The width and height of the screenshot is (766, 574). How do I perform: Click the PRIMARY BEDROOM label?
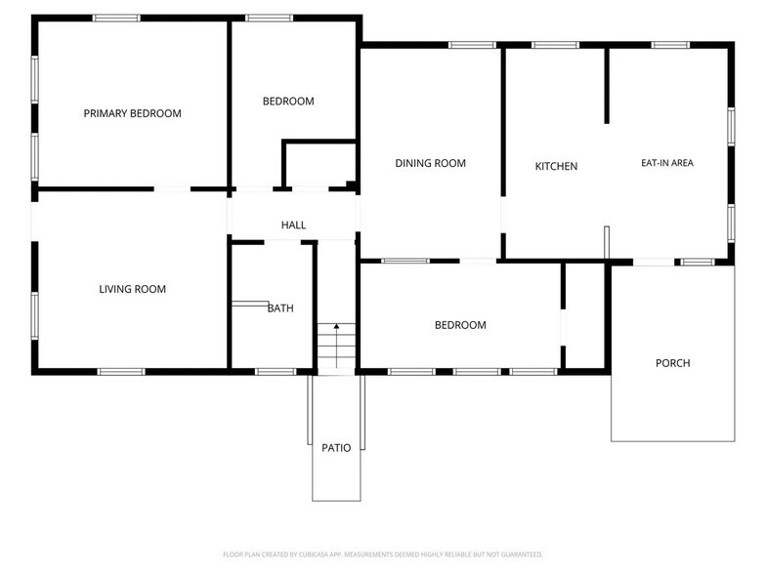[132, 113]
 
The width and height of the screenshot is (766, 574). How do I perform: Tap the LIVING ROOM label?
[132, 289]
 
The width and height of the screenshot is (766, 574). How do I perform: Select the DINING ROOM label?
[430, 163]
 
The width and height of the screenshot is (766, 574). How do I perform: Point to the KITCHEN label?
[556, 167]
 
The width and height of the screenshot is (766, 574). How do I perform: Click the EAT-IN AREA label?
[666, 163]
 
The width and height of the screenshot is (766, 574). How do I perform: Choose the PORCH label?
[672, 363]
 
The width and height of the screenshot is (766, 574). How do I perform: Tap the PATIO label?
[336, 448]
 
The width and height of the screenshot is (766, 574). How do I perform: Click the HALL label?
[293, 225]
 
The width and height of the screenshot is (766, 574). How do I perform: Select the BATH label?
[280, 308]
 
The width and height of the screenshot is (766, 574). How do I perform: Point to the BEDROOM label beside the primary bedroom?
[288, 102]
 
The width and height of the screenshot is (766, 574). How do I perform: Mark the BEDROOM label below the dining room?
[460, 325]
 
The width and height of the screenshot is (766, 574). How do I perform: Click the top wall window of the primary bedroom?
[116, 18]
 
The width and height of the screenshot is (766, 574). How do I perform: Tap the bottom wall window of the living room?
[121, 371]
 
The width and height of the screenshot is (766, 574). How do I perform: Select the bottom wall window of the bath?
[275, 371]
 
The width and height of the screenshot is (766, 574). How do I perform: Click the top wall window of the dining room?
[472, 45]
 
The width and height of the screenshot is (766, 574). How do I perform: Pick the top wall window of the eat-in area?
[670, 45]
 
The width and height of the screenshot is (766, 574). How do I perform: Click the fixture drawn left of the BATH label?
[250, 305]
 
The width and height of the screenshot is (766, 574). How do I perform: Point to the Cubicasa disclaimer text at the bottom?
[382, 553]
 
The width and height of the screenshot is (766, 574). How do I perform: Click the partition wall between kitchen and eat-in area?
[607, 86]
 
